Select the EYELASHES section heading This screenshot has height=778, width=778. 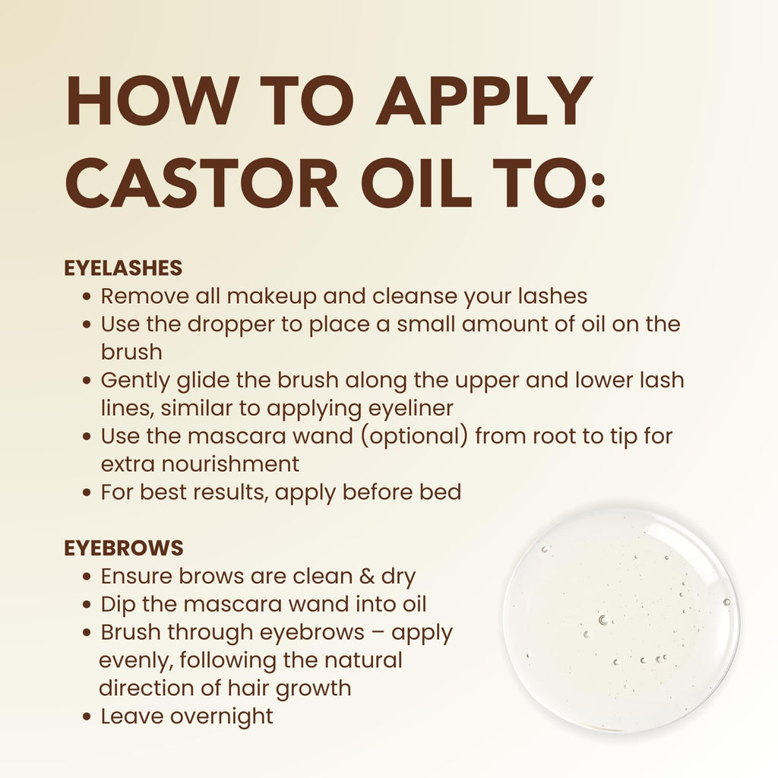click(x=123, y=268)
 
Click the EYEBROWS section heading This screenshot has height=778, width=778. click(x=124, y=548)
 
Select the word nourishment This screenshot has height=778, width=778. click(x=223, y=463)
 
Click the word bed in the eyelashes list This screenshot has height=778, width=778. click(x=441, y=492)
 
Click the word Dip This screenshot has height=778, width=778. click(x=119, y=604)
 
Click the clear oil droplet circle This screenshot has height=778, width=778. click(x=621, y=619)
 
